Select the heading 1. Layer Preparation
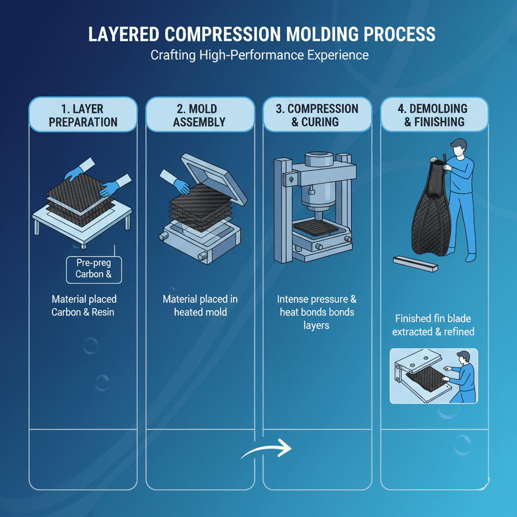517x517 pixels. click(x=83, y=115)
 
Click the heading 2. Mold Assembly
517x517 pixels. click(x=200, y=115)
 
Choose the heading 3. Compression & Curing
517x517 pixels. click(x=317, y=115)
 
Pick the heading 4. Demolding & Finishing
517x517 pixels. click(x=434, y=115)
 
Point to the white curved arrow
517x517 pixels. click(x=266, y=449)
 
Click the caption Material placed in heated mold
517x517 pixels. click(x=200, y=305)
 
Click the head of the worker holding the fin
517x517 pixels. click(x=458, y=149)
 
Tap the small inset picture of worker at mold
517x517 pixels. click(x=433, y=376)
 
